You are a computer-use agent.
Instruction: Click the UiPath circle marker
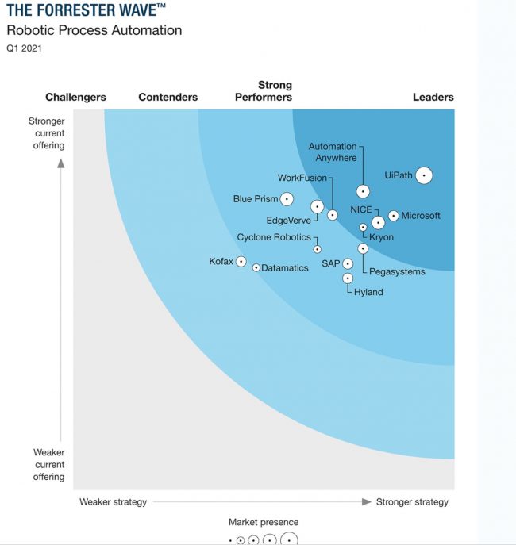click(424, 175)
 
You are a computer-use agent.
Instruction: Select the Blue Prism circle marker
click(287, 199)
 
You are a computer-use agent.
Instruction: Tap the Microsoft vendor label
click(420, 216)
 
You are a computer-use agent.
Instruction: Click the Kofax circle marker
click(241, 262)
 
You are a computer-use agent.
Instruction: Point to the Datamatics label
click(285, 268)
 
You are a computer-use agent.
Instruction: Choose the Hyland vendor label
click(368, 292)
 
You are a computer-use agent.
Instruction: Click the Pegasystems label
click(398, 271)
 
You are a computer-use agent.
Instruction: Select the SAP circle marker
click(348, 263)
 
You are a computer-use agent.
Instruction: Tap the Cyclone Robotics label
click(274, 237)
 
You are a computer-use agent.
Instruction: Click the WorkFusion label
click(302, 178)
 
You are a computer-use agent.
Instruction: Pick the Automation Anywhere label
click(333, 152)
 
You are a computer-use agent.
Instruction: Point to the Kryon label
click(381, 237)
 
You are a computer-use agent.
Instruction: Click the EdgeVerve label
click(288, 221)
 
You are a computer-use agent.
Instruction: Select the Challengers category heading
click(75, 97)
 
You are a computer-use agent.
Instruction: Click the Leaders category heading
click(433, 97)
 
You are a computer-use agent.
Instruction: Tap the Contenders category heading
click(168, 97)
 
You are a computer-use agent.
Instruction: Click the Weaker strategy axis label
click(113, 502)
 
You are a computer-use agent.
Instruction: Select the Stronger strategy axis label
click(412, 502)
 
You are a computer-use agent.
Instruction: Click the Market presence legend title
click(264, 522)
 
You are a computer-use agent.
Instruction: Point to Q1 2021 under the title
click(25, 48)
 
